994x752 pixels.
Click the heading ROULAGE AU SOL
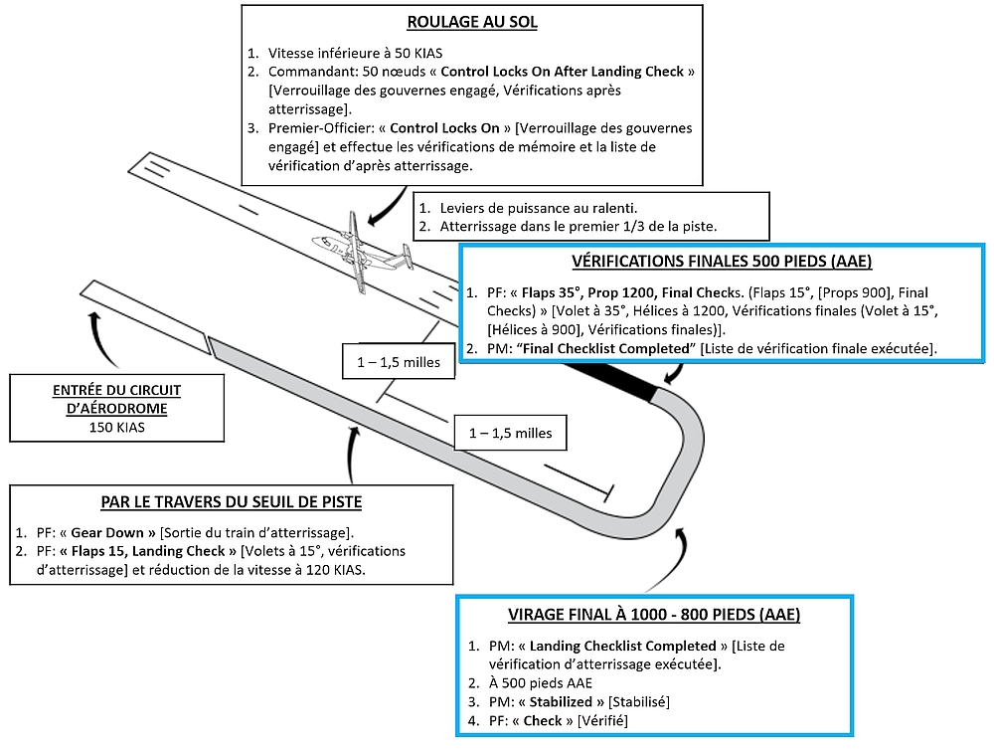pyautogui.click(x=472, y=22)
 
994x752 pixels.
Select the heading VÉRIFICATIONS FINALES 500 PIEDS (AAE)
pyautogui.click(x=723, y=262)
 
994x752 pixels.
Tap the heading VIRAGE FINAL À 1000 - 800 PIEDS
pyautogui.click(x=655, y=614)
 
